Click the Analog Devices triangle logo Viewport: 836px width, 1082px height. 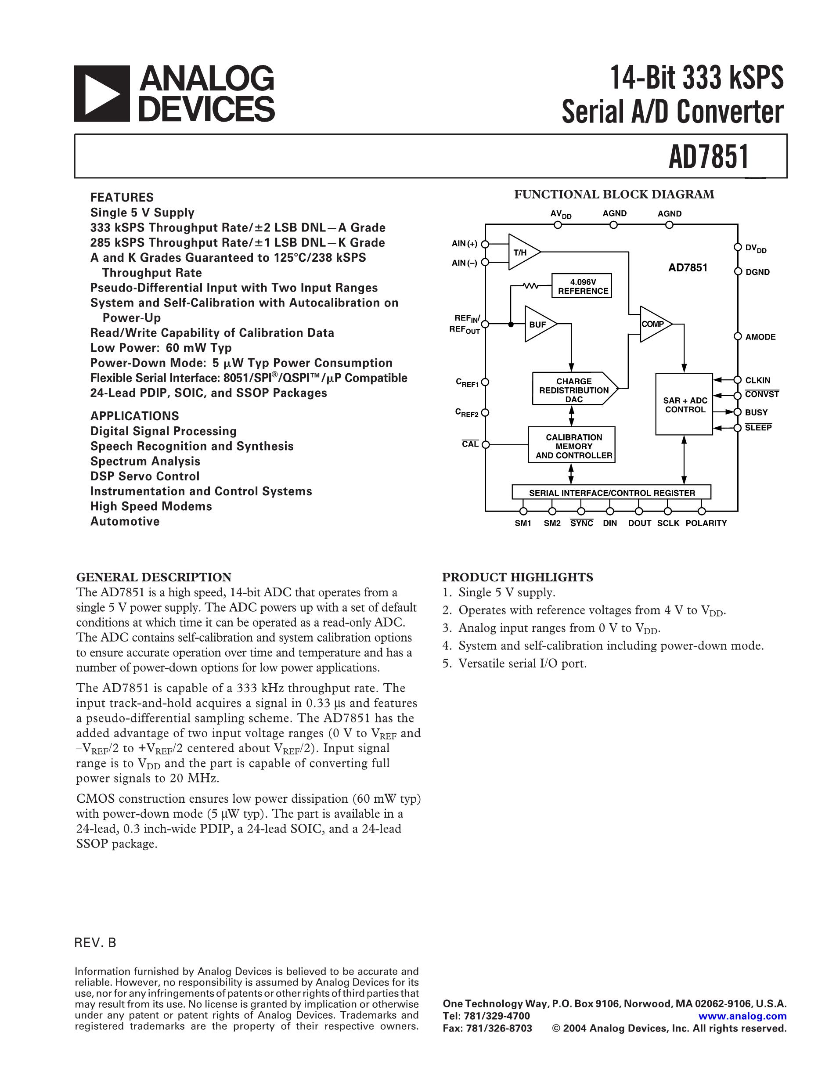(102, 94)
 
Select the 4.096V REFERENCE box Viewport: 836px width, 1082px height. (582, 286)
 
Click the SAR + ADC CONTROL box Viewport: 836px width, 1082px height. (685, 404)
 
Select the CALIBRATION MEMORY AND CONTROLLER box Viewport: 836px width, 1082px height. (572, 445)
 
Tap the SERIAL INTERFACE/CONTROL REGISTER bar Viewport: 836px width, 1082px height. (612, 492)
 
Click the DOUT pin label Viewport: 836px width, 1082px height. (639, 523)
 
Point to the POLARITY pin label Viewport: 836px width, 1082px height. (706, 523)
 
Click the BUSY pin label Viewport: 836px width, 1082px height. (756, 412)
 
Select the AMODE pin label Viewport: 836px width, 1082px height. (760, 337)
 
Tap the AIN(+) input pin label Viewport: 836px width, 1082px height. (465, 244)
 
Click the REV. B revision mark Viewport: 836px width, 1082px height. (96, 943)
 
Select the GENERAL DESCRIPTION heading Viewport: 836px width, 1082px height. (154, 577)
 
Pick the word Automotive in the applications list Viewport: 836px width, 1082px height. (125, 521)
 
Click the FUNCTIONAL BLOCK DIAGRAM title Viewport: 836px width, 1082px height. (614, 194)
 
